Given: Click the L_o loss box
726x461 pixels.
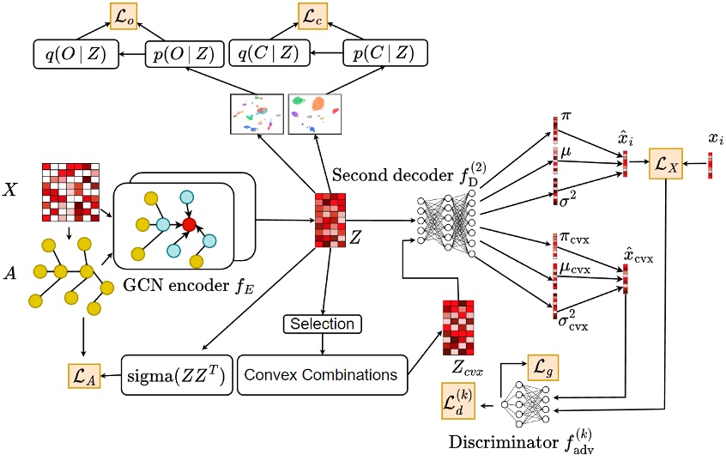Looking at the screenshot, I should pyautogui.click(x=124, y=15).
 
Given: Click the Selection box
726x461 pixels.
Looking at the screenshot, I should pyautogui.click(x=322, y=324).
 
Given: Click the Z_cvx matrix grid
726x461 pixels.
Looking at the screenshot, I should pyautogui.click(x=459, y=328).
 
